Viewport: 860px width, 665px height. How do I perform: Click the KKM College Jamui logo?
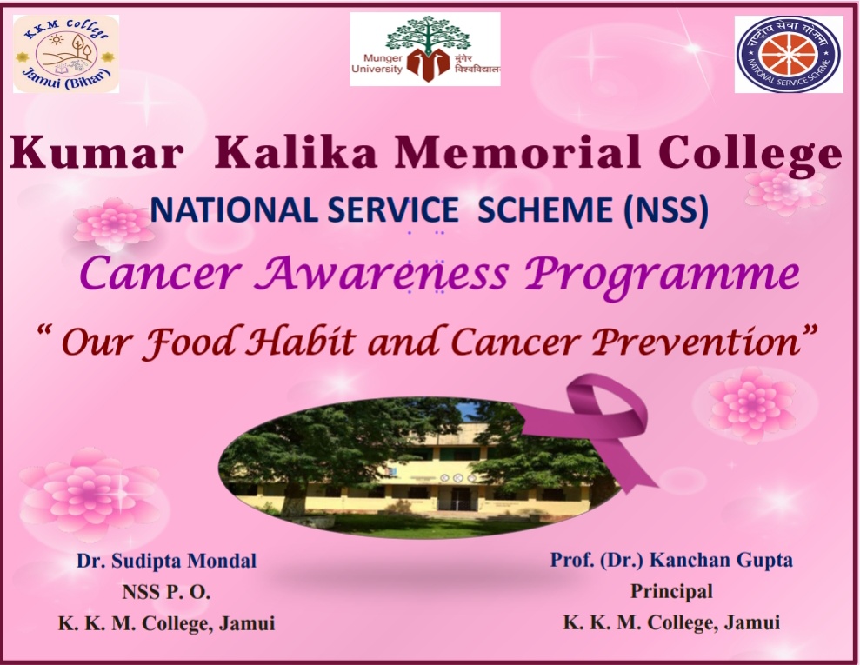[66, 54]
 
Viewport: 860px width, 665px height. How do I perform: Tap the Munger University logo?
[425, 50]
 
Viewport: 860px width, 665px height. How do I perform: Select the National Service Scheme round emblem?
[789, 54]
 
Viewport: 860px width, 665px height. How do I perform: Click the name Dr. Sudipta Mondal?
[166, 561]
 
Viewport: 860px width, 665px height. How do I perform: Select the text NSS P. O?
[166, 592]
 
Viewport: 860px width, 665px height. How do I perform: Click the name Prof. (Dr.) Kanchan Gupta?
[671, 560]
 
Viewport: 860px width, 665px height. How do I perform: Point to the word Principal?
[671, 591]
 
